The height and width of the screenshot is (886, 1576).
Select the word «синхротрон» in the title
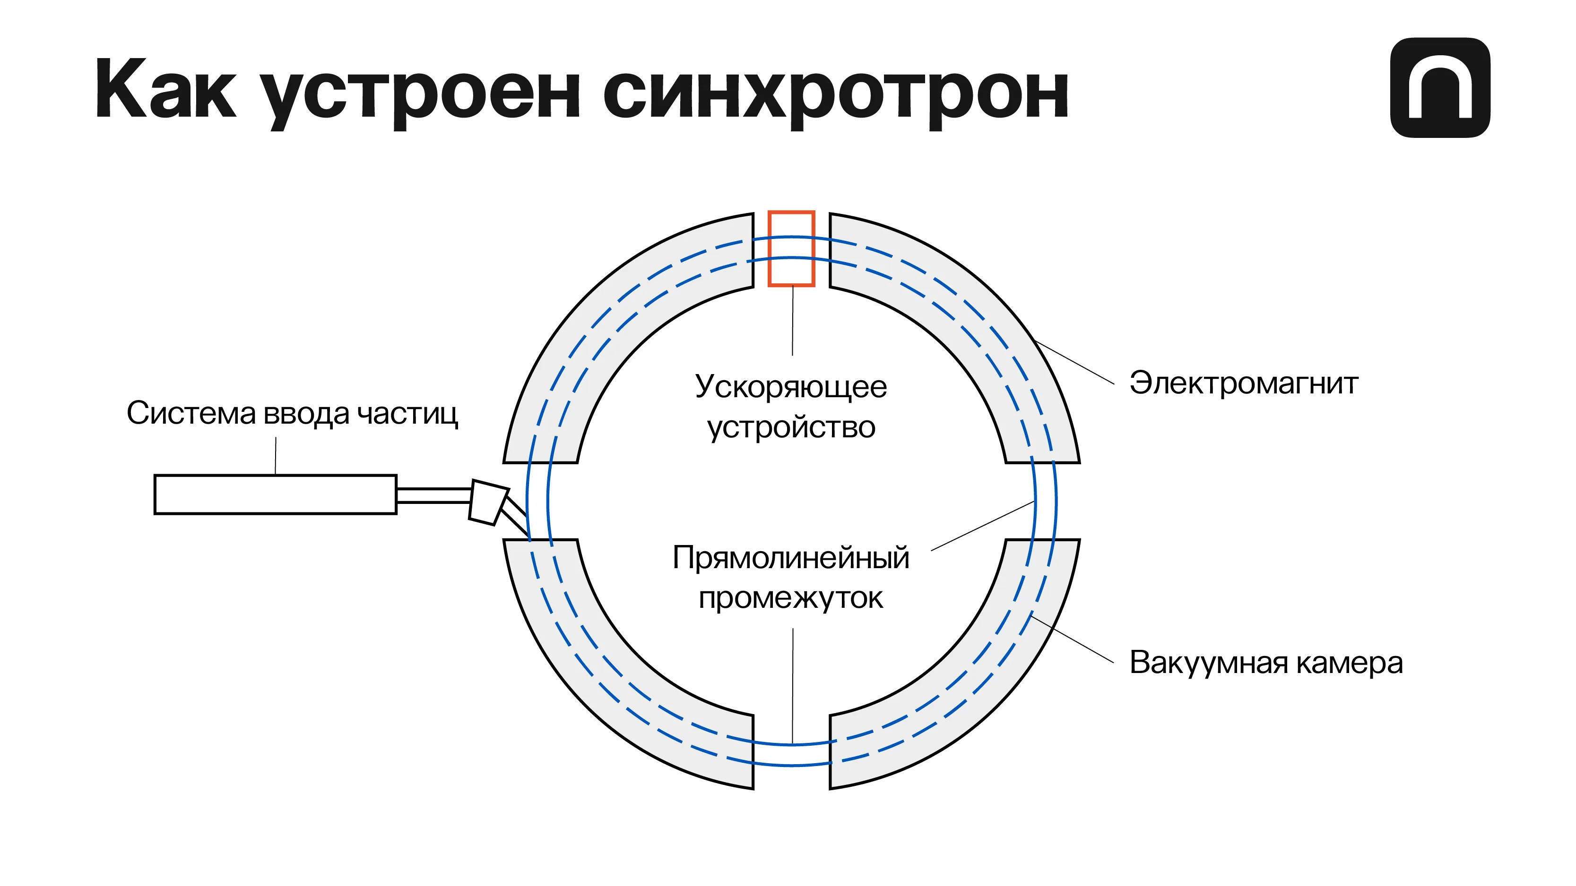[x=836, y=93]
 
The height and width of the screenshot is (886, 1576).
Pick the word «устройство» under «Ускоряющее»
[x=790, y=427]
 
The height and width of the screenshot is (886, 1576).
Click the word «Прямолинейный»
[x=790, y=558]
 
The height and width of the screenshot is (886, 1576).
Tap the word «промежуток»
[x=790, y=598]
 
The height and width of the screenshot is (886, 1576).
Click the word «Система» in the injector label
[x=191, y=413]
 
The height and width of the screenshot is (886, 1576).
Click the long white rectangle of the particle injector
[x=275, y=494]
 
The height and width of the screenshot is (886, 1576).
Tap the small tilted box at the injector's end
[x=488, y=503]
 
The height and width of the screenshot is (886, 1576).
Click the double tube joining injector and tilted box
[x=434, y=495]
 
